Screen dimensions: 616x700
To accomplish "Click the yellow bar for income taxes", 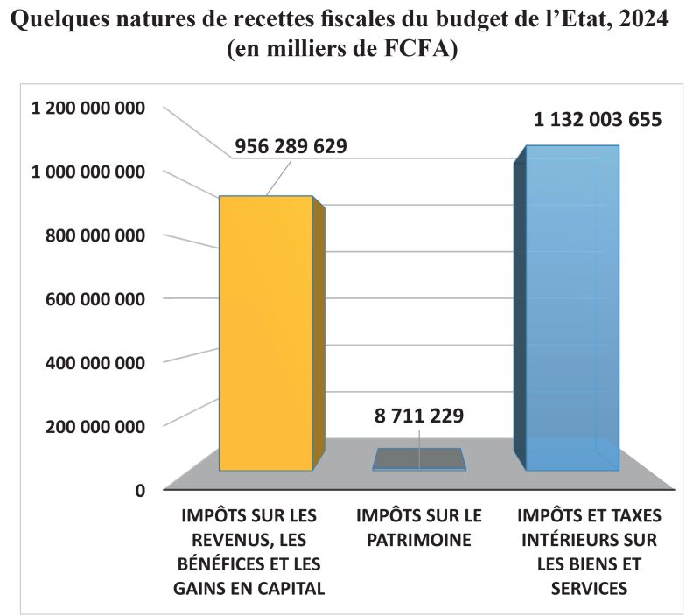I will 265,332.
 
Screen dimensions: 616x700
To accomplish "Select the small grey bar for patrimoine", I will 420,459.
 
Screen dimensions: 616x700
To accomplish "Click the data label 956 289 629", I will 290,146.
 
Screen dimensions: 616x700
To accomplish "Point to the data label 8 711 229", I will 419,415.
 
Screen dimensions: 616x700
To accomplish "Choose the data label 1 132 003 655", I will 598,120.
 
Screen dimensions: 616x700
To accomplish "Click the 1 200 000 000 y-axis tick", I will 87,108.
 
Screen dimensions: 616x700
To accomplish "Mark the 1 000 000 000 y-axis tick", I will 87,172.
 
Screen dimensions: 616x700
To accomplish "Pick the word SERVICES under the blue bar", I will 589,589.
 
